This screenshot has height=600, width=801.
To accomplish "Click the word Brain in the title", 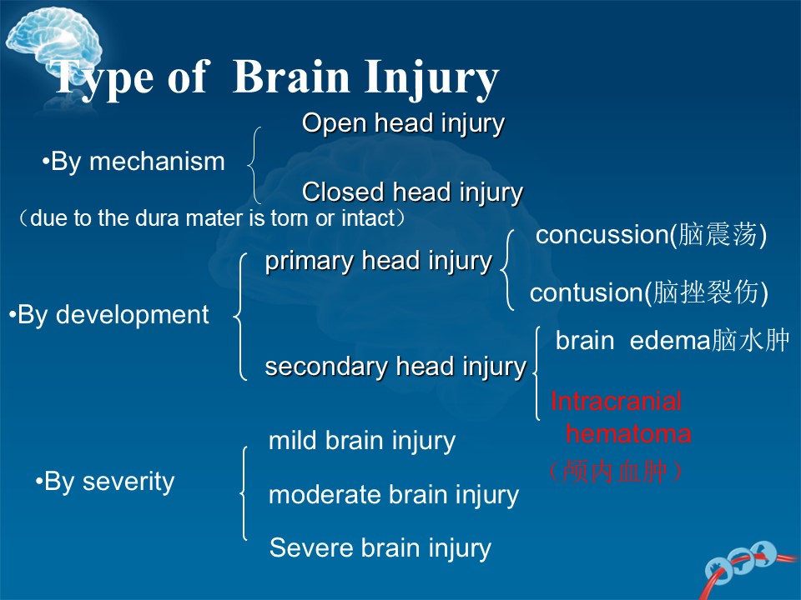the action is pyautogui.click(x=291, y=77).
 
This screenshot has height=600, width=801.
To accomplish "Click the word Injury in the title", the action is pyautogui.click(x=431, y=79).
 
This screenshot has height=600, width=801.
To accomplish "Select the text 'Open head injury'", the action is pyautogui.click(x=403, y=124).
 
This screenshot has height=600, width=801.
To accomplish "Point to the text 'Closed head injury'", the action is pyautogui.click(x=413, y=192).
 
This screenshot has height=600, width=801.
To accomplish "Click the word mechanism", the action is pyautogui.click(x=158, y=162).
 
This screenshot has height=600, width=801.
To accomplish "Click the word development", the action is pyautogui.click(x=133, y=315).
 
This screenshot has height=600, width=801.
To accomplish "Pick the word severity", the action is pyautogui.click(x=128, y=482).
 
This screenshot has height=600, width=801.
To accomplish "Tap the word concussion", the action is pyautogui.click(x=602, y=235).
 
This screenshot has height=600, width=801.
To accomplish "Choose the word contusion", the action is pyautogui.click(x=586, y=292).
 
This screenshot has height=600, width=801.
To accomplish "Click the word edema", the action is pyautogui.click(x=670, y=341).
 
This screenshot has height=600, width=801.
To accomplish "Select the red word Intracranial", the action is pyautogui.click(x=616, y=402).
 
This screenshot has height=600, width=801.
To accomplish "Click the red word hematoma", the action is pyautogui.click(x=628, y=434).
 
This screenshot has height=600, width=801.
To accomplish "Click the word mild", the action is pyautogui.click(x=293, y=440).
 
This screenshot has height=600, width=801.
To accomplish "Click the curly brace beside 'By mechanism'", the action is pyautogui.click(x=250, y=165).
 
